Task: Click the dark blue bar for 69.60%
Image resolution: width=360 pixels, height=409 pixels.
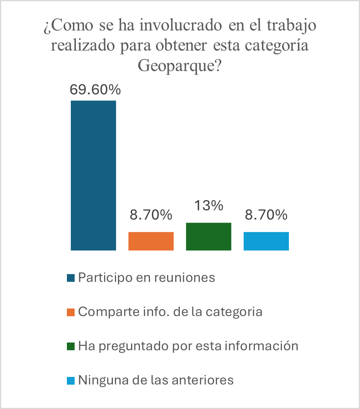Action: pos(93,176)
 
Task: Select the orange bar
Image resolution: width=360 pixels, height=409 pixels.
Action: pos(151,241)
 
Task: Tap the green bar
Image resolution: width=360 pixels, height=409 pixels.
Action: pos(208,237)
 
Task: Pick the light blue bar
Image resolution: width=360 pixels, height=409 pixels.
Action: pos(266,241)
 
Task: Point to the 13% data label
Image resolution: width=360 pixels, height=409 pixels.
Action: pos(209,206)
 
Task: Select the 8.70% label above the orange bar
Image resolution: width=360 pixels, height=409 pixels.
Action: pos(151,215)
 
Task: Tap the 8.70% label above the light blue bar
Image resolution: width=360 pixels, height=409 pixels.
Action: pos(266,215)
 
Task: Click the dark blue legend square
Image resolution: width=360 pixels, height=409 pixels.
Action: pos(70,278)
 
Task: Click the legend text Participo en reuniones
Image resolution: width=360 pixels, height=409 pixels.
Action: pos(147,278)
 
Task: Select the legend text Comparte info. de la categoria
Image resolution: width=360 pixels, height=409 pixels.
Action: pos(170,312)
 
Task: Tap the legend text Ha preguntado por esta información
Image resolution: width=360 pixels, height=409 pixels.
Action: pos(188,346)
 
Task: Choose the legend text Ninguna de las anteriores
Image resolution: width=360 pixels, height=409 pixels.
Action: pos(156,380)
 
